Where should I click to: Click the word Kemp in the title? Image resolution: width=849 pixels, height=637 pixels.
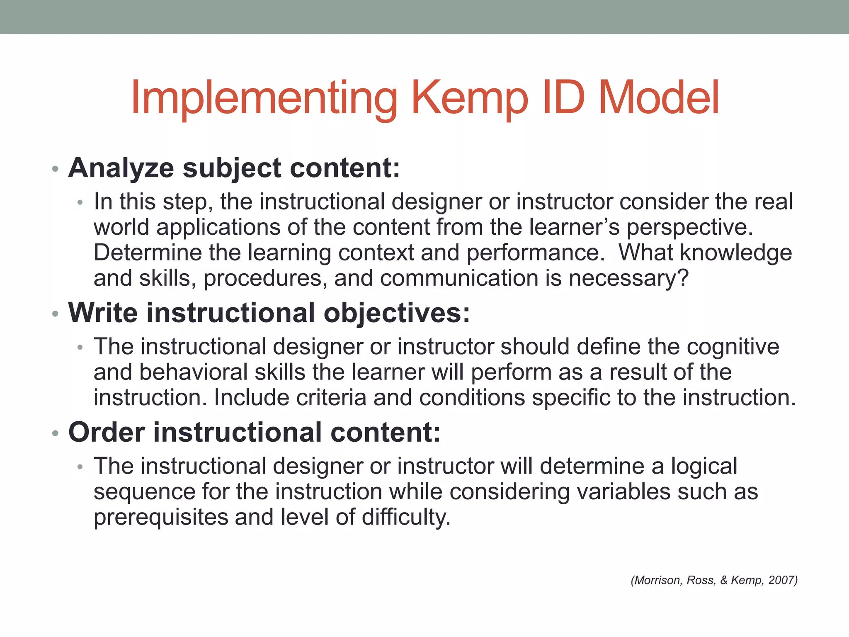(470, 99)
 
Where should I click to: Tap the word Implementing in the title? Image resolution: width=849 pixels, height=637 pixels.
(264, 99)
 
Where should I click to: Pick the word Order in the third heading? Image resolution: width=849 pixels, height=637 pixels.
(107, 432)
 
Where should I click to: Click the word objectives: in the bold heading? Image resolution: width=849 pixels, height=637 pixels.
(397, 314)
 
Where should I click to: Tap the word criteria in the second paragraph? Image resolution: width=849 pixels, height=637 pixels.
(331, 397)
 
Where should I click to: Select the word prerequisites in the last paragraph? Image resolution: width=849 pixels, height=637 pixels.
(161, 518)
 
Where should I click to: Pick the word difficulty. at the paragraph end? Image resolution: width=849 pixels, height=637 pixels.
(406, 518)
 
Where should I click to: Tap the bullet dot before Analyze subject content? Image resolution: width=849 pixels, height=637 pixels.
(55, 170)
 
